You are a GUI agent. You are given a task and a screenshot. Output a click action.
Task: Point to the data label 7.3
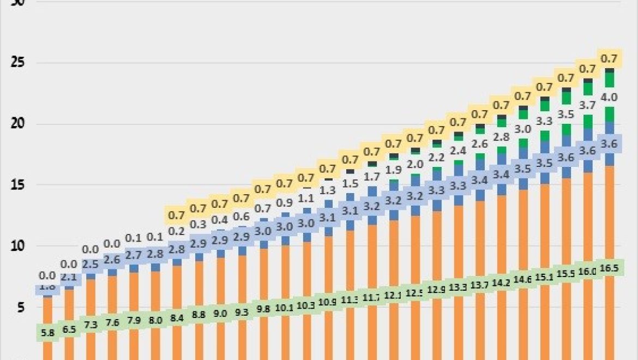(91, 325)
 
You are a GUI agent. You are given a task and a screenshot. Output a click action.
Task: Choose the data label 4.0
(609, 98)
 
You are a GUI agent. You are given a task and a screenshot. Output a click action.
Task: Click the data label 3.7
(587, 105)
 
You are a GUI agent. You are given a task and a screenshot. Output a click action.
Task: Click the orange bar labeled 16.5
(609, 218)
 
